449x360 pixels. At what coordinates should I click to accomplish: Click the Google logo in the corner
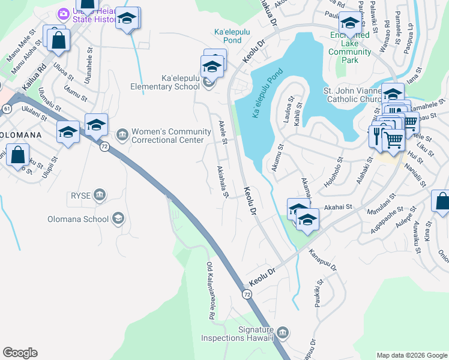20,353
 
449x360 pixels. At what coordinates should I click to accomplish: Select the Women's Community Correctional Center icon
122,133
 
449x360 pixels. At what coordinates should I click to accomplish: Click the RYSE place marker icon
100,194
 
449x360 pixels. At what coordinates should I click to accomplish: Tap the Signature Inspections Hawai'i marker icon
283,332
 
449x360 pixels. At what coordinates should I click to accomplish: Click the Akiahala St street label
223,182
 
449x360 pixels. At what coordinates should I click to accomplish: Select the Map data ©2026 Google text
411,355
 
